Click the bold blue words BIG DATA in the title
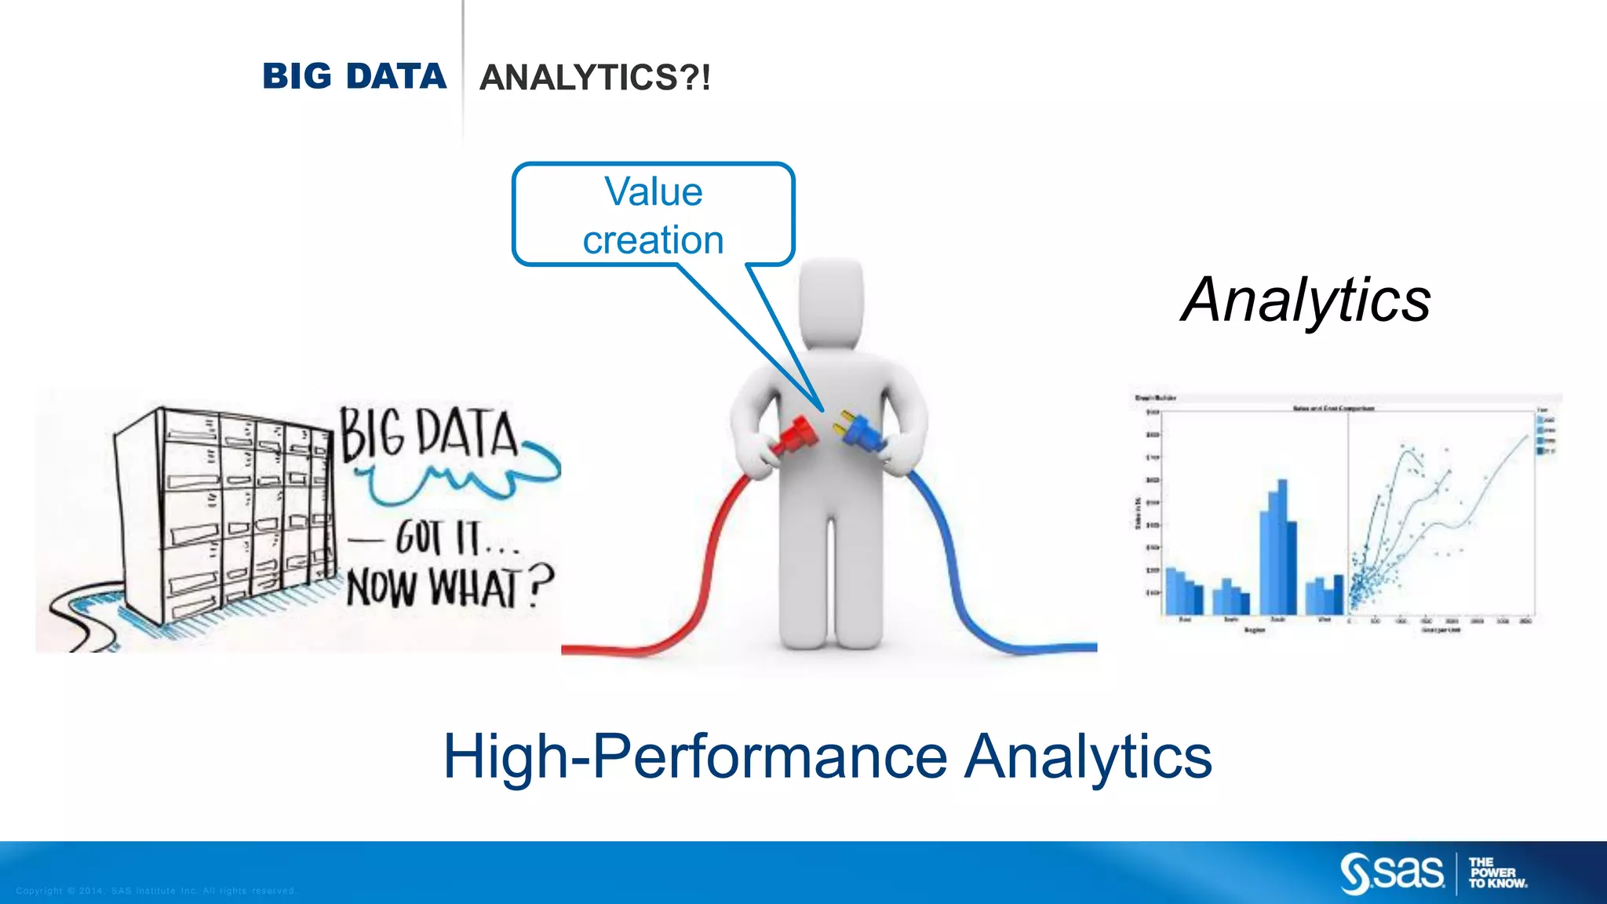(354, 77)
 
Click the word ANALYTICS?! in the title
(595, 78)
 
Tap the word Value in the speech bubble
(654, 192)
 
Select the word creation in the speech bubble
(653, 240)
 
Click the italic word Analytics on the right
(1306, 300)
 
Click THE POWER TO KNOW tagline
(1497, 873)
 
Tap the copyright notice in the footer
(155, 891)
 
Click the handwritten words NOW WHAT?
(449, 586)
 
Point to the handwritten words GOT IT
(439, 538)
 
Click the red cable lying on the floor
(628, 648)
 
